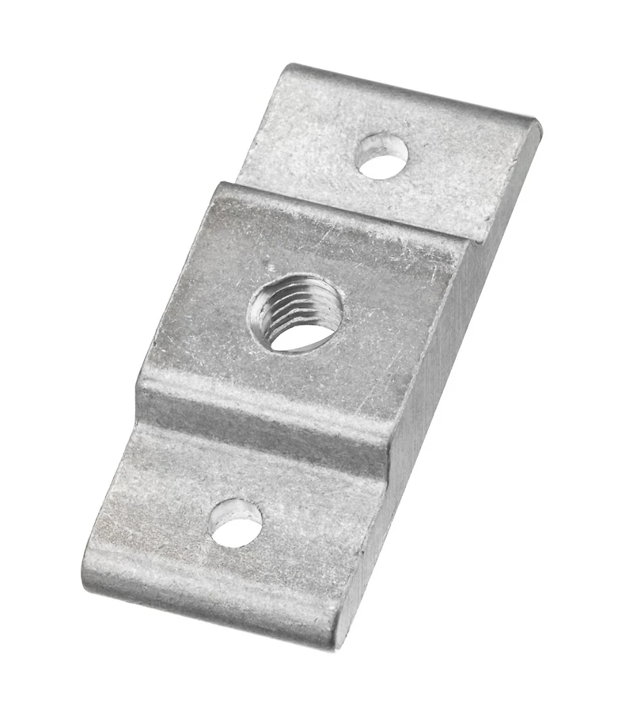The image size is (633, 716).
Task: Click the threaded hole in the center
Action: point(296,312)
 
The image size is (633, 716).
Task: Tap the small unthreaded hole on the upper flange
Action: point(381,155)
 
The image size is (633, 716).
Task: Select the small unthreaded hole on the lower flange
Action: point(236,523)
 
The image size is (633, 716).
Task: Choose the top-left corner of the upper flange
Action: point(291,67)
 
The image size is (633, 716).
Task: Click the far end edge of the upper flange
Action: point(411,92)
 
